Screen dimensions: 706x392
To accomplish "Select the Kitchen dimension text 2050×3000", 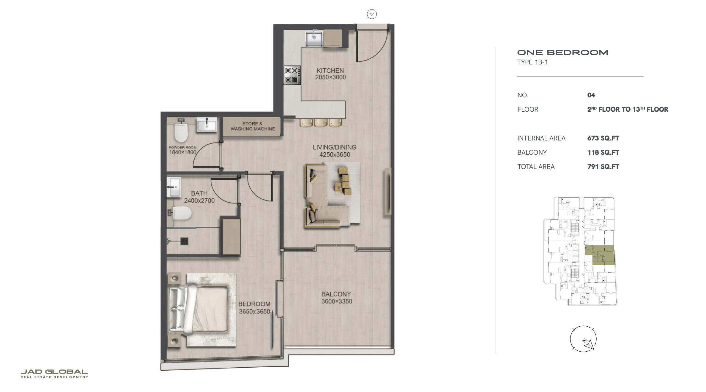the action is [x=330, y=77].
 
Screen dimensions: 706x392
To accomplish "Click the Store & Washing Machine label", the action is [x=253, y=126].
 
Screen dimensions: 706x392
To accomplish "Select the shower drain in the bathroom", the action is [x=184, y=241].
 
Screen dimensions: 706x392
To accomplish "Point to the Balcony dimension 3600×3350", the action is [x=337, y=301].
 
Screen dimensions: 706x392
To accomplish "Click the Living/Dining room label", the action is [x=335, y=147].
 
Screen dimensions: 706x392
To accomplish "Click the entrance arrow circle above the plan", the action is [x=372, y=14].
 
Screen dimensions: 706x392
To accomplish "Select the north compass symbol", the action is [x=583, y=339].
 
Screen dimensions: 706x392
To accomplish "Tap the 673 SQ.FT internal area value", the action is [x=603, y=138].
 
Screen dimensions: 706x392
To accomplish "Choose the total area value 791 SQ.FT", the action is [x=603, y=167].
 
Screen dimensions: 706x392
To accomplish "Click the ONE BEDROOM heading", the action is [x=562, y=53].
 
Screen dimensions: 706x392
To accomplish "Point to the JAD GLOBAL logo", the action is [x=54, y=374].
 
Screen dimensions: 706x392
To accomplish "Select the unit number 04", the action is [x=591, y=95].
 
